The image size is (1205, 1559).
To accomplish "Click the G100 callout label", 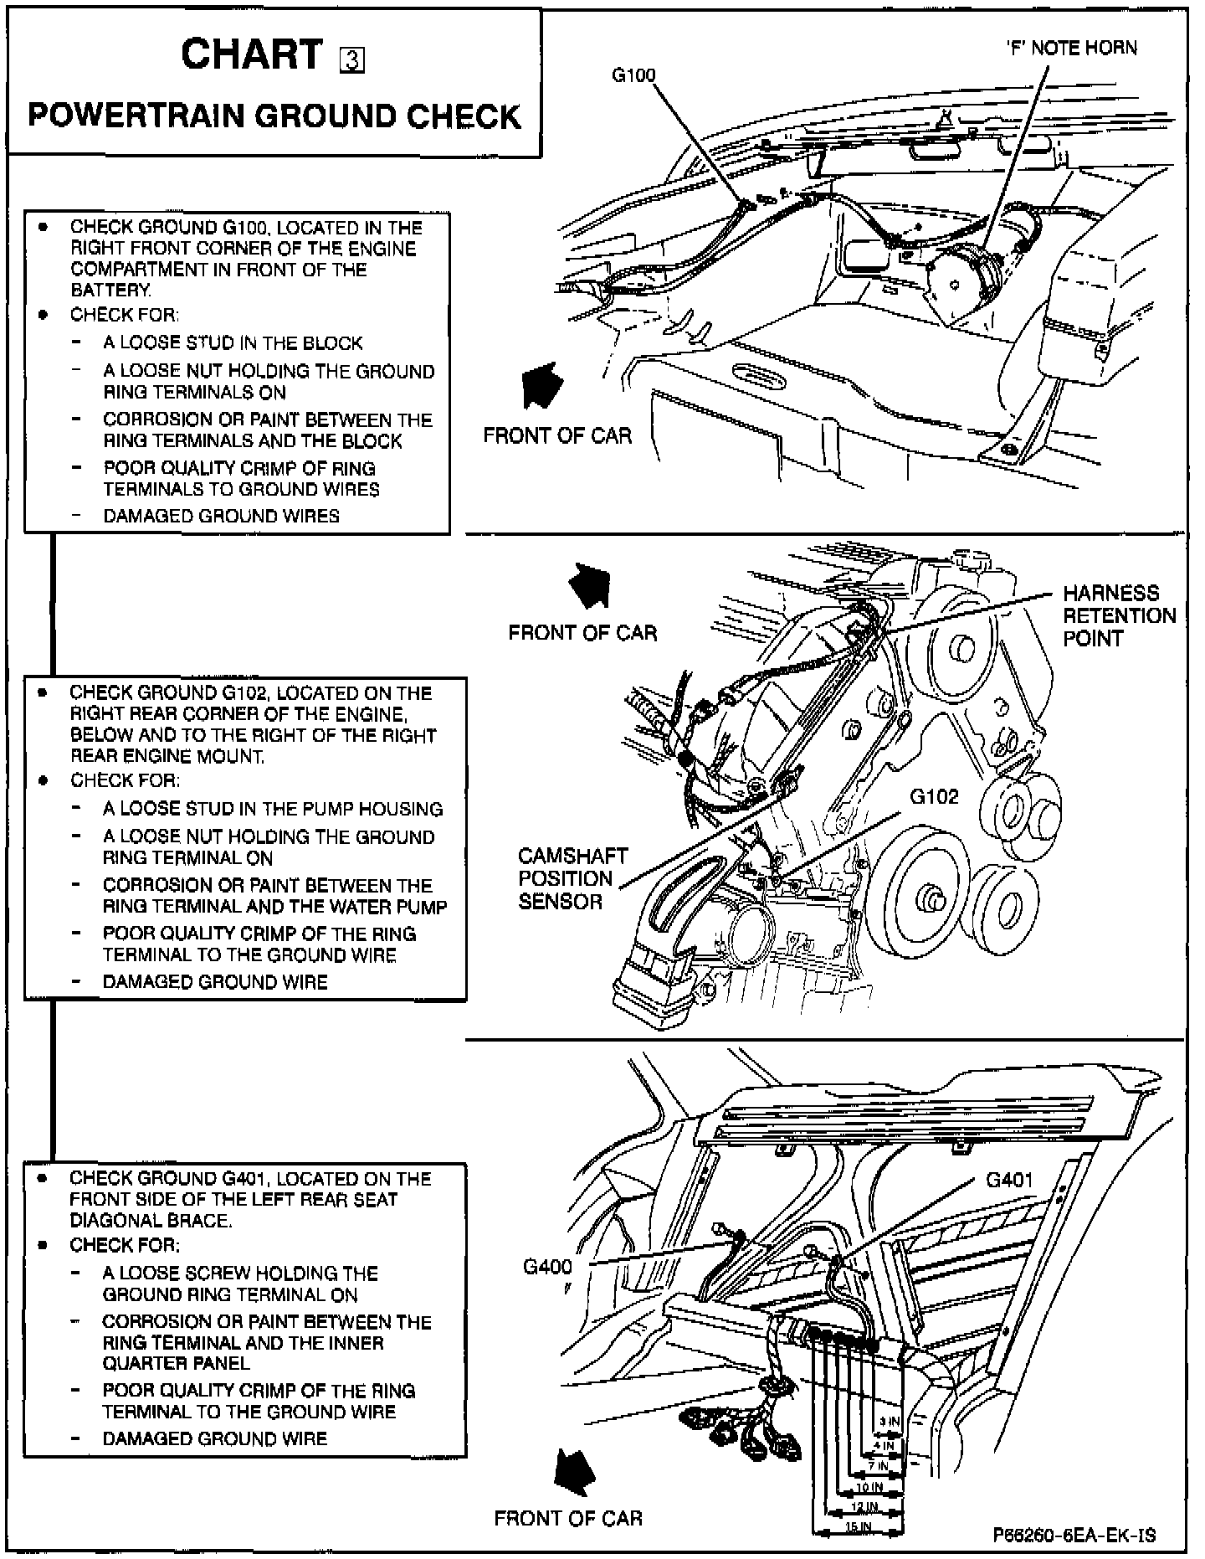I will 634,75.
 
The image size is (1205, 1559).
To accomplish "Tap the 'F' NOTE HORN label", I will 1071,48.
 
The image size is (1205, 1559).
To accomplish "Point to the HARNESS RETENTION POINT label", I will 1119,615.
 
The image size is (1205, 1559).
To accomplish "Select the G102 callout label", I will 934,796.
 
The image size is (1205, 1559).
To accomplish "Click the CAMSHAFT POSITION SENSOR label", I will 572,878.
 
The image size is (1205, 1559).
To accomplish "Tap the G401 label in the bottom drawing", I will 1009,1180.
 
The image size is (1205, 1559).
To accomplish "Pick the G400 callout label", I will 548,1266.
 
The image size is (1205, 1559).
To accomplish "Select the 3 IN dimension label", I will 889,1422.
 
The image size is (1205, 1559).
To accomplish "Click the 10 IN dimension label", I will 869,1487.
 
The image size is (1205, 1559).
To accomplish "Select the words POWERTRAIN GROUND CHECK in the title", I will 274,116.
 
